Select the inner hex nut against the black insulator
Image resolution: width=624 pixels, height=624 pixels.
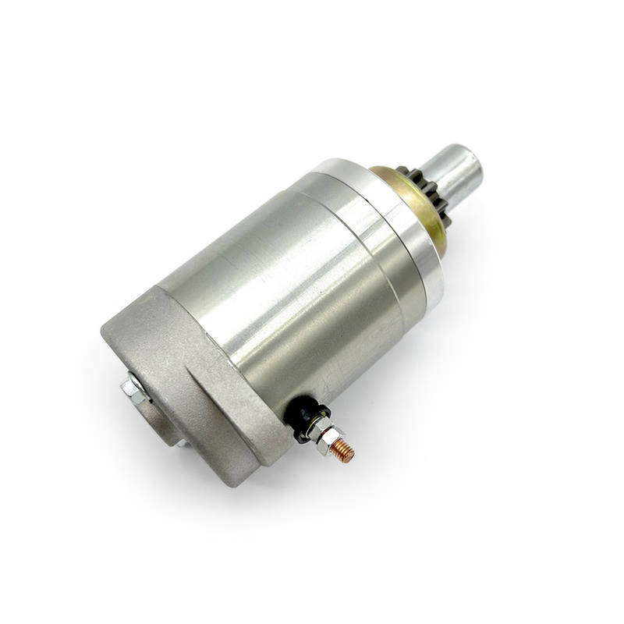[315, 428]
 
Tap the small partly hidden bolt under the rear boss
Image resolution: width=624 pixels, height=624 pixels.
[181, 442]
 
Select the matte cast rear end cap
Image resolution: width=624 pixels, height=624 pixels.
[195, 367]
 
